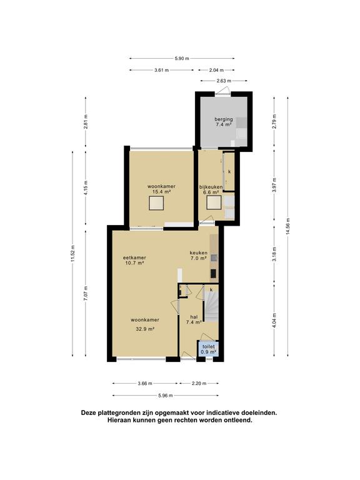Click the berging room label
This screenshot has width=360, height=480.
pyautogui.click(x=224, y=119)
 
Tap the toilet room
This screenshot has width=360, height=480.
pyautogui.click(x=209, y=349)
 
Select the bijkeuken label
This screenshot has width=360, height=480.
pyautogui.click(x=211, y=187)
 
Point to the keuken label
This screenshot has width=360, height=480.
pyautogui.click(x=199, y=253)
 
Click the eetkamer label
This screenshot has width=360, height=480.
pyautogui.click(x=134, y=257)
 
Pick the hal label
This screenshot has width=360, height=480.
pyautogui.click(x=194, y=317)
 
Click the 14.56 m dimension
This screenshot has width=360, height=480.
pyautogui.click(x=287, y=226)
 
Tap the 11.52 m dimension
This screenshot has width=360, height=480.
pyautogui.click(x=72, y=254)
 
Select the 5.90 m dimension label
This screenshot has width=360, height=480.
pyautogui.click(x=182, y=59)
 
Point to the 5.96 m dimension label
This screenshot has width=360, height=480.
pyautogui.click(x=166, y=396)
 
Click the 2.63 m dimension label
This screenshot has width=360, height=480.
pyautogui.click(x=224, y=81)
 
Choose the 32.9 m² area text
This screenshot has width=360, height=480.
pyautogui.click(x=145, y=329)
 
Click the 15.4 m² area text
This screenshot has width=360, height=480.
pyautogui.click(x=161, y=192)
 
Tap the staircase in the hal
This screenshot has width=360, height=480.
pyautogui.click(x=211, y=307)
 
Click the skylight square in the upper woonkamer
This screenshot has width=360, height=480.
pyautogui.click(x=156, y=203)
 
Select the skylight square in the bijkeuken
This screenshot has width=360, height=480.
pyautogui.click(x=214, y=202)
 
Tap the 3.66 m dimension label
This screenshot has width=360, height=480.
pyautogui.click(x=145, y=383)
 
